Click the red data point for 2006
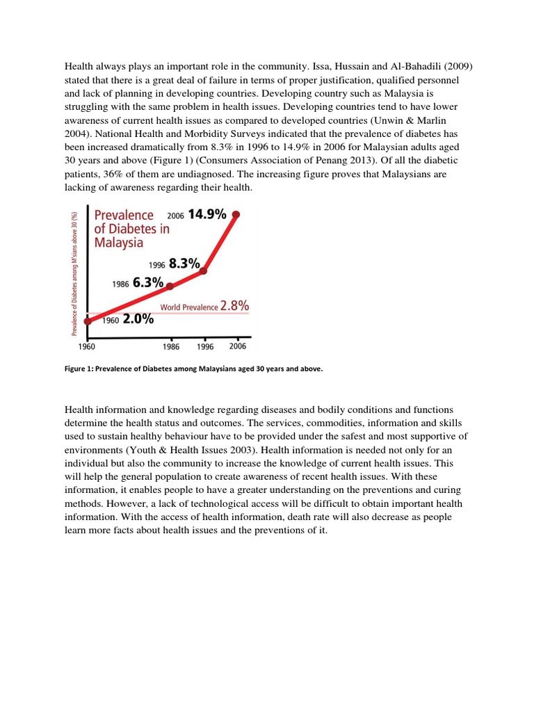click(236, 215)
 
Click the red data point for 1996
click(204, 271)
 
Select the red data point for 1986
click(171, 286)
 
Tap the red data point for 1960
click(88, 321)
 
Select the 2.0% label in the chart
click(138, 321)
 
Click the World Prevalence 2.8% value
click(234, 306)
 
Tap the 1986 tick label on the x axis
click(171, 346)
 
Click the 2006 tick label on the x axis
click(237, 346)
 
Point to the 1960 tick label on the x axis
click(88, 346)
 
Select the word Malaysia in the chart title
click(119, 243)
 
